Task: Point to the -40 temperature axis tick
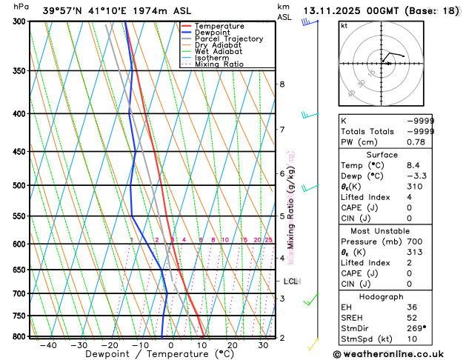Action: point(48,345)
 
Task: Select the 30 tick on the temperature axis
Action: point(263,345)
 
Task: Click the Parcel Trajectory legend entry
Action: point(228,39)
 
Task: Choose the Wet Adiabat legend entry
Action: point(218,52)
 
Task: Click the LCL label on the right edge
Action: point(291,281)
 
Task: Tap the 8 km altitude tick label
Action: point(282,84)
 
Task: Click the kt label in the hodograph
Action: point(344,25)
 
